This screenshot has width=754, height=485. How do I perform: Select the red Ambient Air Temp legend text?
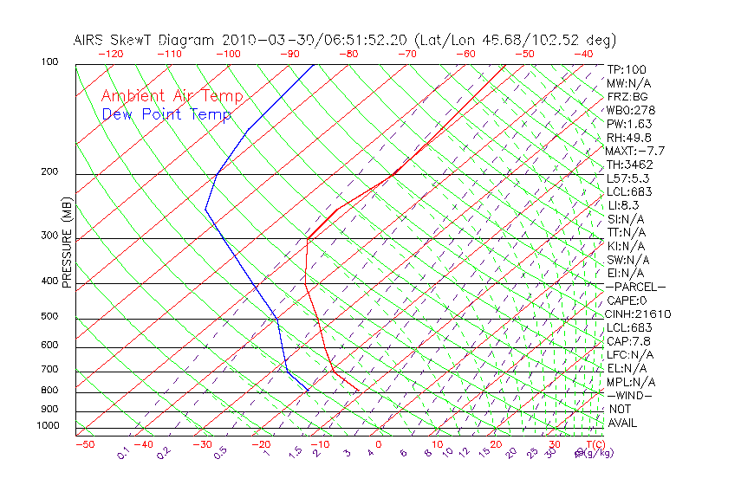click(x=172, y=96)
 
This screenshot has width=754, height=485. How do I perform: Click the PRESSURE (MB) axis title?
click(x=67, y=242)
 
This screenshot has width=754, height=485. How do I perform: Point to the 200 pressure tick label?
click(x=49, y=172)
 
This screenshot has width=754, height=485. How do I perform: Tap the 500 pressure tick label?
click(x=49, y=317)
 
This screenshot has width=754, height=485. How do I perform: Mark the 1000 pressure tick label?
click(x=47, y=426)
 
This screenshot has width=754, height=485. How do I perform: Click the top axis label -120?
click(x=110, y=54)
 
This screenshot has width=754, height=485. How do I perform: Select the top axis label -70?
click(x=406, y=54)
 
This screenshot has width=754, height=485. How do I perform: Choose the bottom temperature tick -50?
click(x=84, y=445)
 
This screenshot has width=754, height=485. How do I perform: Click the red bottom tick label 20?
click(x=495, y=445)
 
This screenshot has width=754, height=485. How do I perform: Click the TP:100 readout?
click(x=627, y=69)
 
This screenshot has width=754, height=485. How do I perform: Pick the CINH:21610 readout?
click(x=639, y=314)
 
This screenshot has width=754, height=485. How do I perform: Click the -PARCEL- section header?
click(x=635, y=287)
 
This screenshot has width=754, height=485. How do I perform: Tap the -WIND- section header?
click(x=629, y=395)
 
